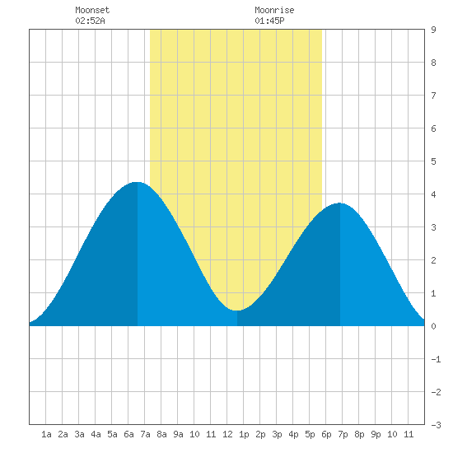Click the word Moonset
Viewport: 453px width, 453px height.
[x=92, y=10]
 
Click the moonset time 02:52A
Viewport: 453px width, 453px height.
[x=90, y=21]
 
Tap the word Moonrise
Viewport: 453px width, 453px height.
[x=274, y=10]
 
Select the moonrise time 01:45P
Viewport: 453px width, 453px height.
[x=269, y=21]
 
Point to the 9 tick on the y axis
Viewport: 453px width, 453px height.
[x=433, y=30]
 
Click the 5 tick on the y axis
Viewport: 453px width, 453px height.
[x=433, y=161]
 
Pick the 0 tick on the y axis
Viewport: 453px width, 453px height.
[x=433, y=326]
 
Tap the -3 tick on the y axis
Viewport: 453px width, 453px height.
[x=436, y=425]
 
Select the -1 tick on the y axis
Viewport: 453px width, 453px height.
[x=436, y=359]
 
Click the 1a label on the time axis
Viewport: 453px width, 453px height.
[x=46, y=434]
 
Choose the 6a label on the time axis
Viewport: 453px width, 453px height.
[x=128, y=434]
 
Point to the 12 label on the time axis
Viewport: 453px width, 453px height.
[x=227, y=434]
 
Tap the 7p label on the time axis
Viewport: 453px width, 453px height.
[x=343, y=434]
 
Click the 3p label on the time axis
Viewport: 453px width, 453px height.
[x=277, y=434]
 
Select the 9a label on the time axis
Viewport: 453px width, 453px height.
[x=178, y=434]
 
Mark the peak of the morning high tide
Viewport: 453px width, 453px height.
[x=138, y=182]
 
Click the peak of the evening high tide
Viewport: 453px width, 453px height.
[x=340, y=203]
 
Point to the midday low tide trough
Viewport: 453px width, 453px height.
[x=237, y=311]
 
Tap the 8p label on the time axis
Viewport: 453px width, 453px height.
[x=359, y=434]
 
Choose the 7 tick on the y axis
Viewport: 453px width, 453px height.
[x=433, y=96]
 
